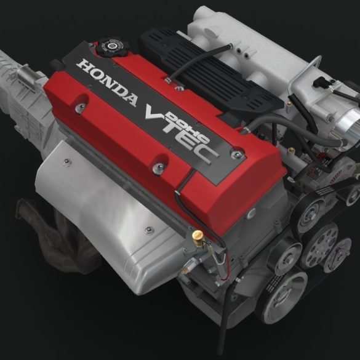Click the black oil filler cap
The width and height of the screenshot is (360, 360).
[x=111, y=47]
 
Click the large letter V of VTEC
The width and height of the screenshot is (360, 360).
[x=159, y=115]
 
